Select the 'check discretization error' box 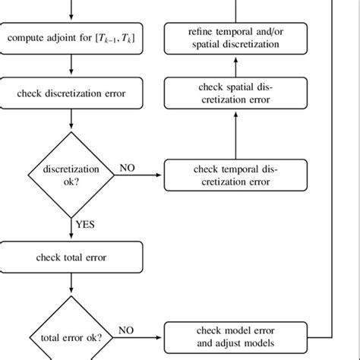tap(71, 94)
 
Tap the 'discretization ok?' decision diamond tap(71, 175)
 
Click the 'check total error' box tap(71, 256)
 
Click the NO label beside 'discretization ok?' tap(127, 167)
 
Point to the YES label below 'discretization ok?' tap(85, 225)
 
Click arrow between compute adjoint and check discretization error tap(71, 66)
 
